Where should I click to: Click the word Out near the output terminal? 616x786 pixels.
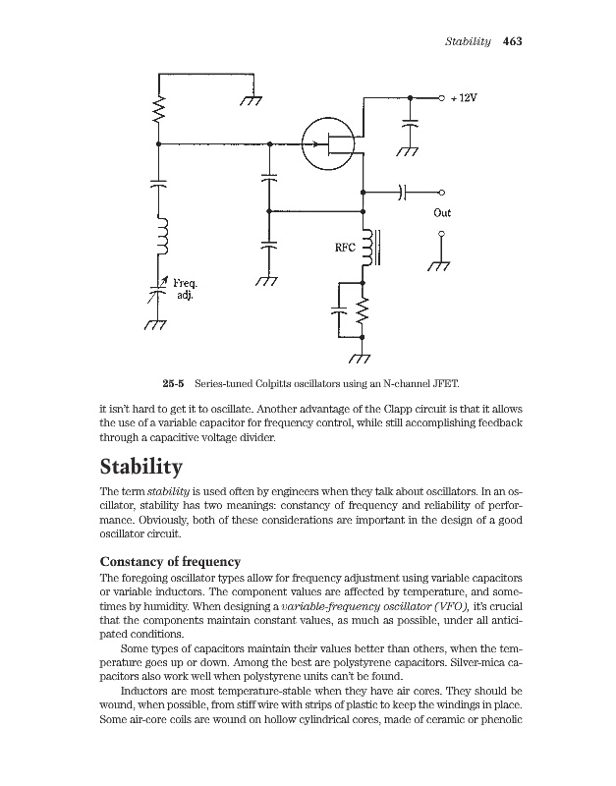[442, 212]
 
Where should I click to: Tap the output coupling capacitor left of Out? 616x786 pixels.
[403, 192]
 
